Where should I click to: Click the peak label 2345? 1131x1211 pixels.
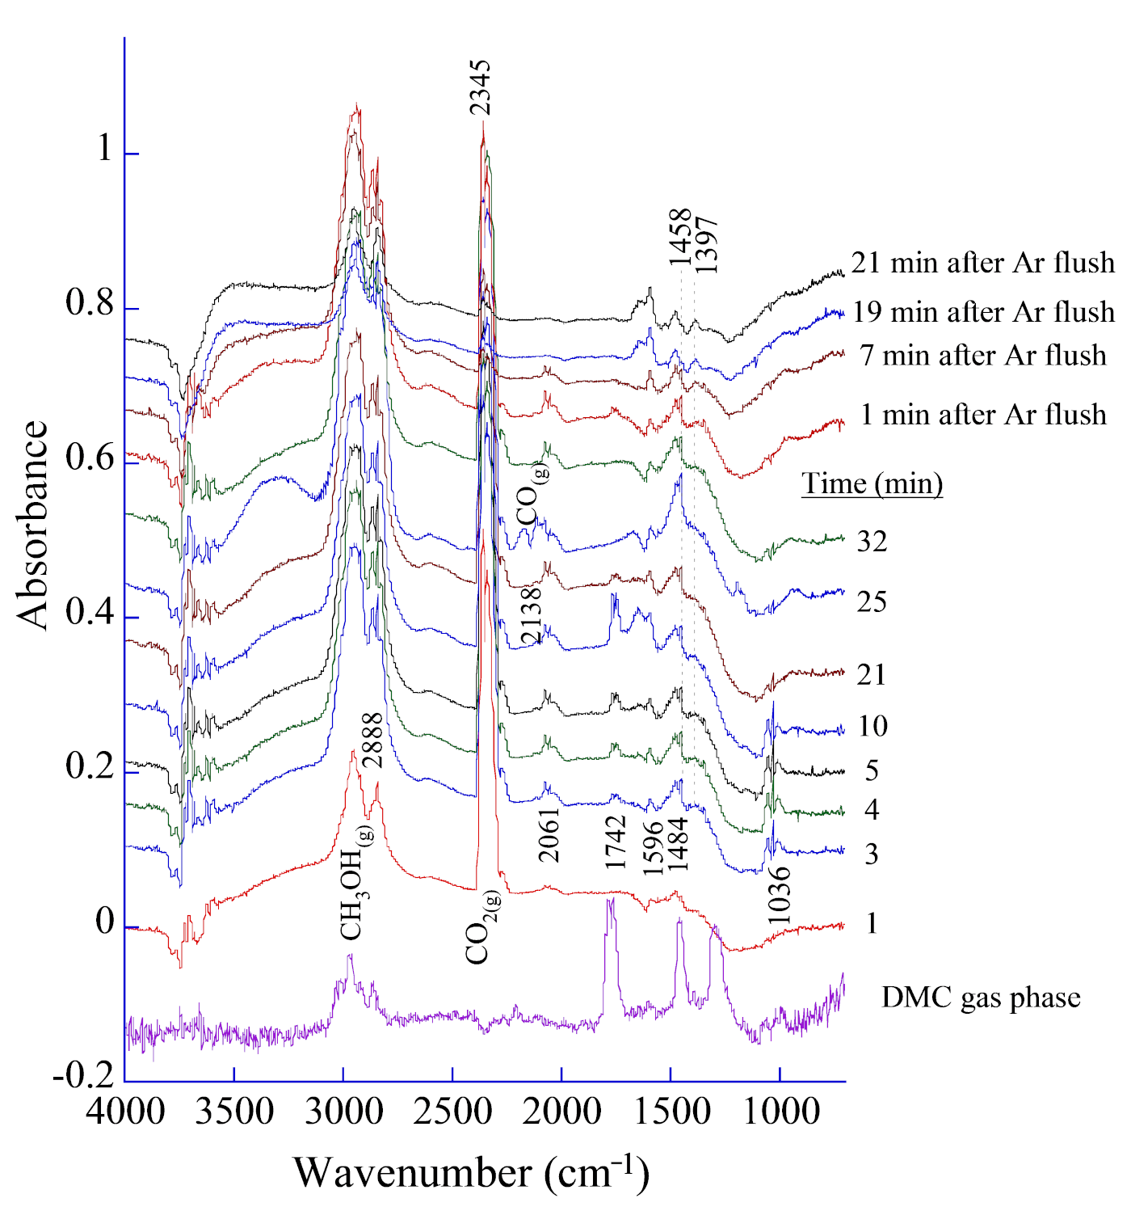point(480,87)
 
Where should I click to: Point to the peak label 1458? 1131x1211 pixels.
point(680,236)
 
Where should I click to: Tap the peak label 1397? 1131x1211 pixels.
point(706,244)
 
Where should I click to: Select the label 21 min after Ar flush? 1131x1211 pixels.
point(982,263)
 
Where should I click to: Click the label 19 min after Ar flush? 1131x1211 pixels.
point(983,311)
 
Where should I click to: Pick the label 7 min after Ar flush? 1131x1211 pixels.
point(983,355)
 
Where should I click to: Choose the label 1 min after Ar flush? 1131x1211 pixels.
point(983,415)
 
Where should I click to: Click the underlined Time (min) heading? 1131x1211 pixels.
point(872,483)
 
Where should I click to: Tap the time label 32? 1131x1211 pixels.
point(872,541)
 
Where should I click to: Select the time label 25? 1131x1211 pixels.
point(872,601)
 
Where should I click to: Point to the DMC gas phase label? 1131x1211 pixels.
point(981,998)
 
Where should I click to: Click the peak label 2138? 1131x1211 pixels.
point(531,615)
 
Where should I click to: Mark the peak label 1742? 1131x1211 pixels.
point(616,842)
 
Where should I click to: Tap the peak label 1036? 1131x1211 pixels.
point(779,896)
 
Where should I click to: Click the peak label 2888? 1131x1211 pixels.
point(372,740)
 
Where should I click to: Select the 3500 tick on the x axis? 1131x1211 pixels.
point(234,1112)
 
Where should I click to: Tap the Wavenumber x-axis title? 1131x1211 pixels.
point(471,1172)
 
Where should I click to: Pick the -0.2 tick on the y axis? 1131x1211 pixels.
point(83,1076)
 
